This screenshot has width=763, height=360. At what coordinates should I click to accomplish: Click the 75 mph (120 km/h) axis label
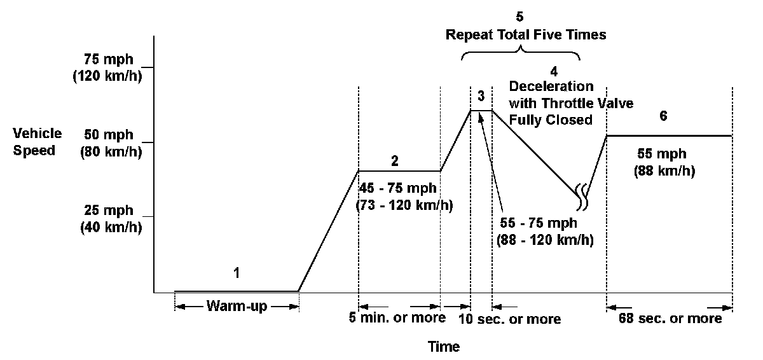tap(109, 67)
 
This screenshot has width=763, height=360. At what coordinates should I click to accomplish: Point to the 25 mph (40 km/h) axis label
tap(109, 218)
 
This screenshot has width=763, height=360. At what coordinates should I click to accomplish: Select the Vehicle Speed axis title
tap(39, 142)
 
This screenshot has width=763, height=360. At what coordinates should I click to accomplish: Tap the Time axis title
tap(444, 347)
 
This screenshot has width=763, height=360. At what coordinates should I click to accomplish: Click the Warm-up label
tap(237, 306)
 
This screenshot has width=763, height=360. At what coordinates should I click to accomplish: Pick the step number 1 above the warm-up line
tap(237, 273)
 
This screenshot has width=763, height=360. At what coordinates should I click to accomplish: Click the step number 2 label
tap(395, 161)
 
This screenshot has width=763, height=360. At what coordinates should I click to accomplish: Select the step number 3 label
tap(481, 96)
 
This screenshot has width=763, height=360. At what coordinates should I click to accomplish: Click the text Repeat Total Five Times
tap(525, 35)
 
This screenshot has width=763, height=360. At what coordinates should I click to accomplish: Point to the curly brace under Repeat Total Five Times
tap(521, 53)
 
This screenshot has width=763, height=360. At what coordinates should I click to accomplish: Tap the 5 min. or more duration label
tap(397, 317)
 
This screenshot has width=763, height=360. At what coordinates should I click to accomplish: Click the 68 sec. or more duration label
tap(670, 318)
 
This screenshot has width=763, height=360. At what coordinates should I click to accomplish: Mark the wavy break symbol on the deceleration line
tap(582, 197)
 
